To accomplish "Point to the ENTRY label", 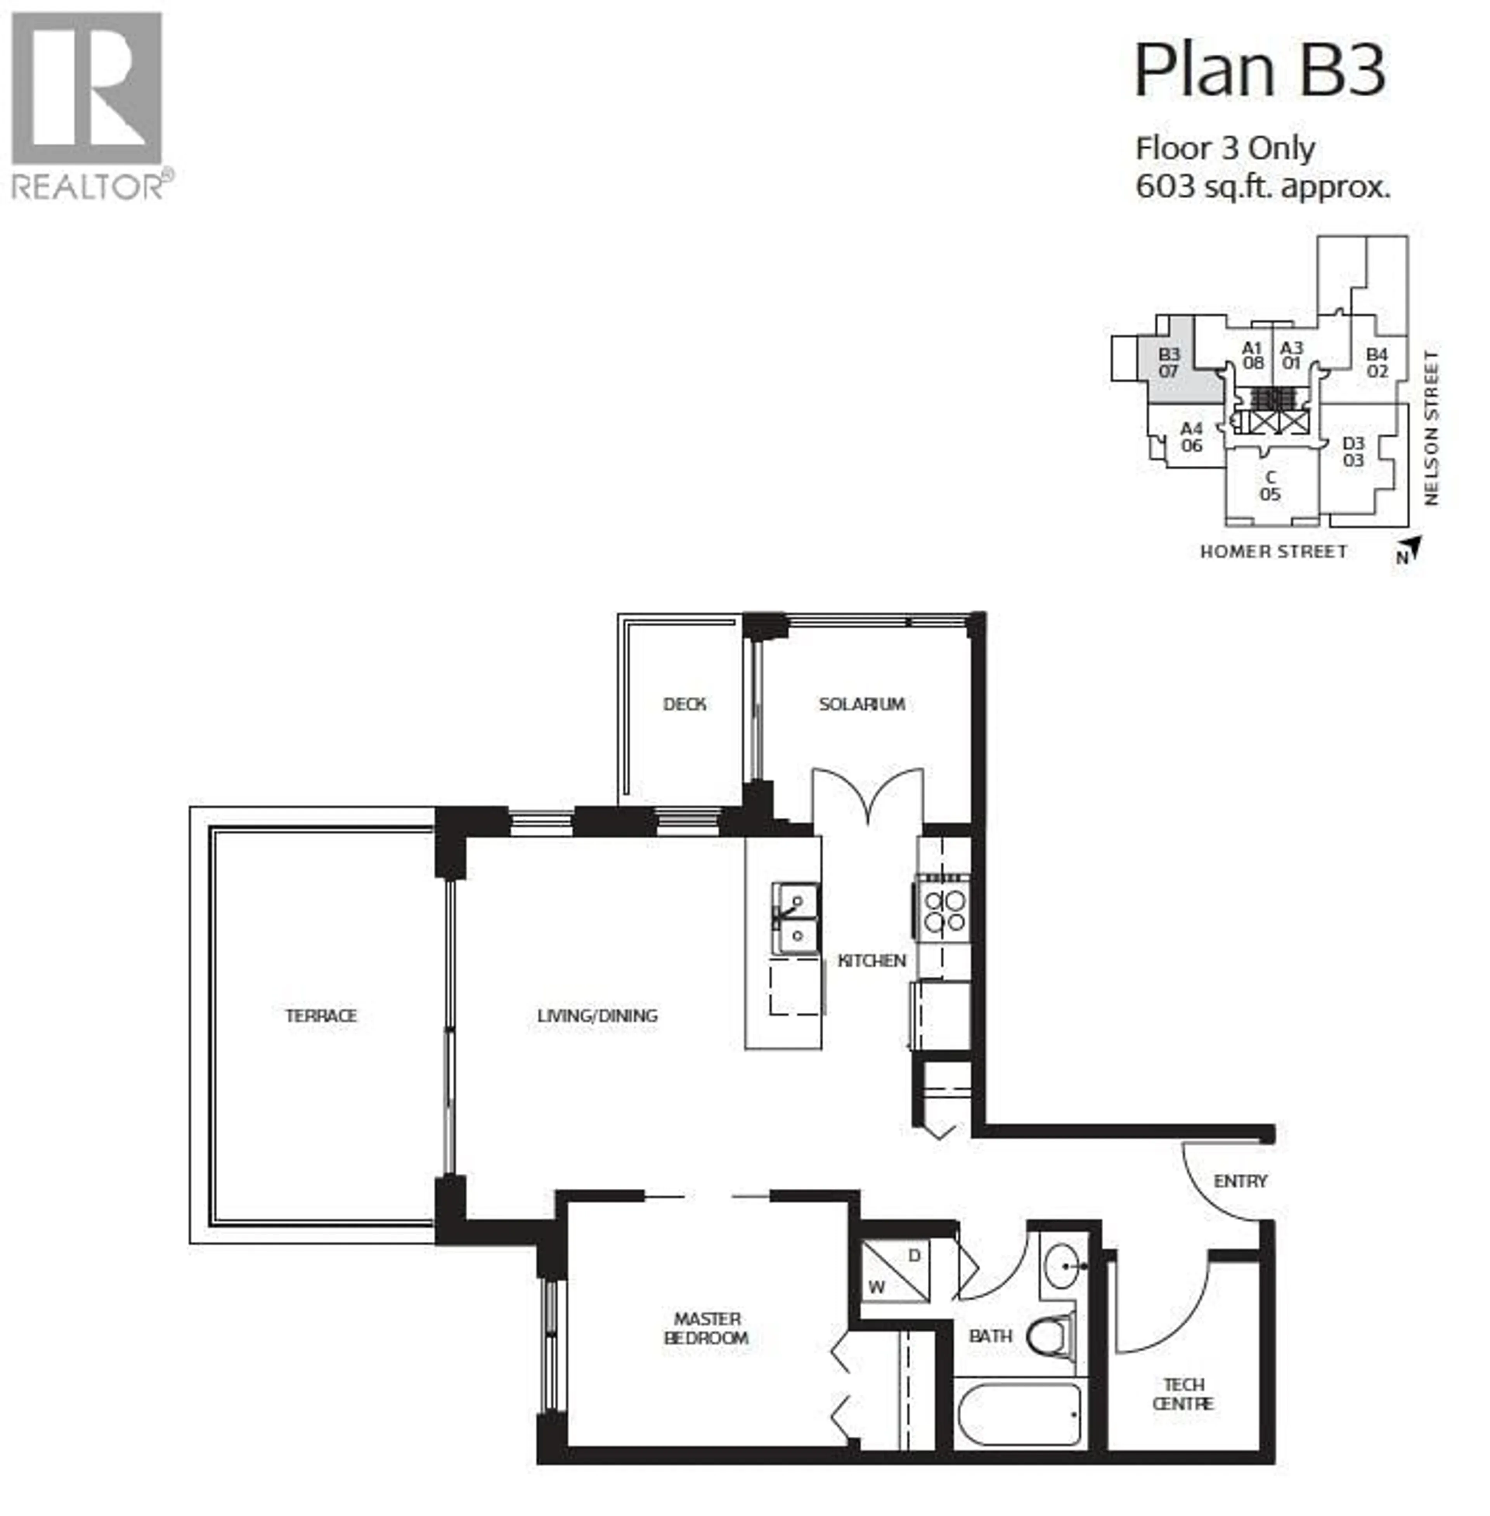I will pos(1241,1181).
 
